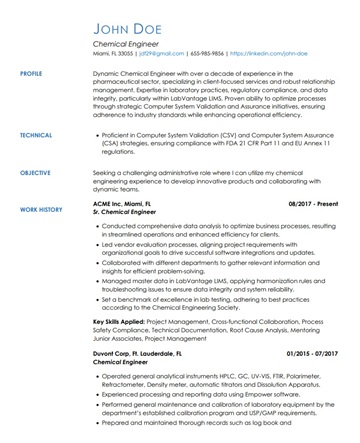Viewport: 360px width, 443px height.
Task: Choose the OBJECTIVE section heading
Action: pyautogui.click(x=38, y=173)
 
